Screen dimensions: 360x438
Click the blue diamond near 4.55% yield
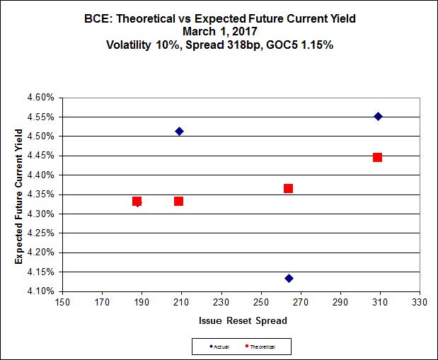pos(378,116)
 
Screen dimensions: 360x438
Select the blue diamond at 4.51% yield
pos(179,131)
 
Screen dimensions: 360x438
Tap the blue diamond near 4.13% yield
pos(289,278)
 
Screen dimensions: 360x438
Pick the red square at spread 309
pos(377,157)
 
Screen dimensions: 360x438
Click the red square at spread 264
pos(288,188)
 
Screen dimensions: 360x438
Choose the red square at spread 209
pos(178,201)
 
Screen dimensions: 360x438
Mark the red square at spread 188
pos(137,201)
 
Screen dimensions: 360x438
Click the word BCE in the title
pos(96,18)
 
